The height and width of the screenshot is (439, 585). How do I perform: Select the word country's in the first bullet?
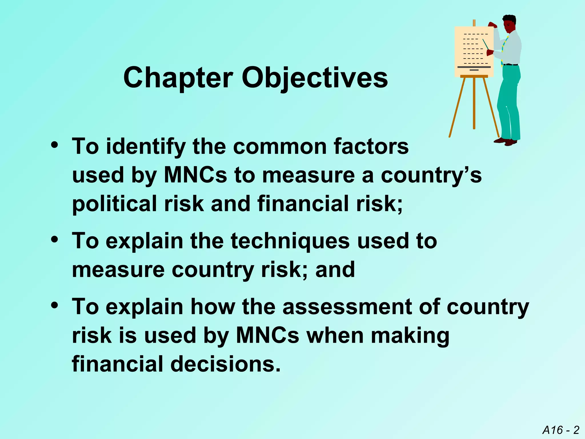pos(431,175)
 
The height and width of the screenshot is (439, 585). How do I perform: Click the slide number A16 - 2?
pos(561,430)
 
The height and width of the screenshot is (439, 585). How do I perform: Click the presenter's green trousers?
pos(510,100)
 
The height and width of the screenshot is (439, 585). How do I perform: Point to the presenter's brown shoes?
pos(506,141)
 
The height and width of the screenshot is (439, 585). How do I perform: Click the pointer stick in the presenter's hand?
pos(486,44)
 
